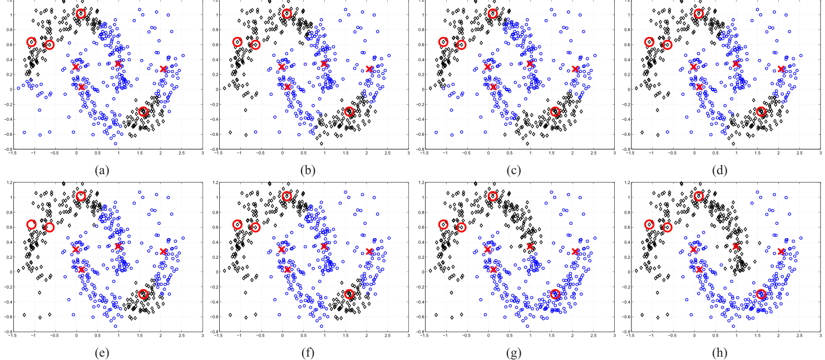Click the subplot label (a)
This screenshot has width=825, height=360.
(102, 170)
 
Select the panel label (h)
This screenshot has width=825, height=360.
(719, 353)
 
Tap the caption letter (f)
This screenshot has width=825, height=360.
(308, 353)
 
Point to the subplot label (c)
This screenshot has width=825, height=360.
(513, 170)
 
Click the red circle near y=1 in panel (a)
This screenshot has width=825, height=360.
(81, 13)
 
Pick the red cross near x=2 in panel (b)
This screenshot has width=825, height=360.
(369, 69)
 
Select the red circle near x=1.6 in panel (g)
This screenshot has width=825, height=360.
(555, 294)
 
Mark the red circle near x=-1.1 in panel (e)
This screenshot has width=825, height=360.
(32, 225)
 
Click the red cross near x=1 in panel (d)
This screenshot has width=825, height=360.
(736, 64)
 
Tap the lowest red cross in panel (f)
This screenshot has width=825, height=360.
(288, 269)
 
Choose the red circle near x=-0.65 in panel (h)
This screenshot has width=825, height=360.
(667, 227)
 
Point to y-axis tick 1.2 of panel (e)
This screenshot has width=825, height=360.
(7, 183)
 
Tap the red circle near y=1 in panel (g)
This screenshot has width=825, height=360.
(493, 196)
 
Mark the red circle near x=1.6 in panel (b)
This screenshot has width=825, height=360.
(349, 112)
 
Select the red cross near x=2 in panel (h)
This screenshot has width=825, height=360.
(781, 251)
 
